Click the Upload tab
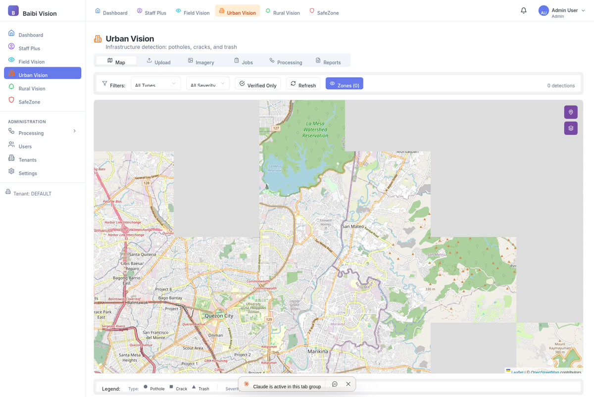pyautogui.click(x=158, y=62)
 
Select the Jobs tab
pyautogui.click(x=244, y=62)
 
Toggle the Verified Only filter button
pyautogui.click(x=257, y=85)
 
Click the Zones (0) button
pyautogui.click(x=344, y=85)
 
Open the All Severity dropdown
pyautogui.click(x=207, y=85)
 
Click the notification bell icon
pyautogui.click(x=523, y=11)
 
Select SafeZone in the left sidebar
pyautogui.click(x=29, y=102)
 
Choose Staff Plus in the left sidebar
pyautogui.click(x=29, y=49)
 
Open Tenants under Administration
pyautogui.click(x=27, y=160)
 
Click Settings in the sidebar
pyautogui.click(x=28, y=173)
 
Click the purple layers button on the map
pyautogui.click(x=570, y=129)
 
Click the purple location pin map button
pyautogui.click(x=570, y=112)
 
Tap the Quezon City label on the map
pyautogui.click(x=219, y=316)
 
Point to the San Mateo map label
pyautogui.click(x=353, y=226)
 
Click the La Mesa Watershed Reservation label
pyautogui.click(x=315, y=129)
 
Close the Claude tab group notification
pyautogui.click(x=348, y=384)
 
